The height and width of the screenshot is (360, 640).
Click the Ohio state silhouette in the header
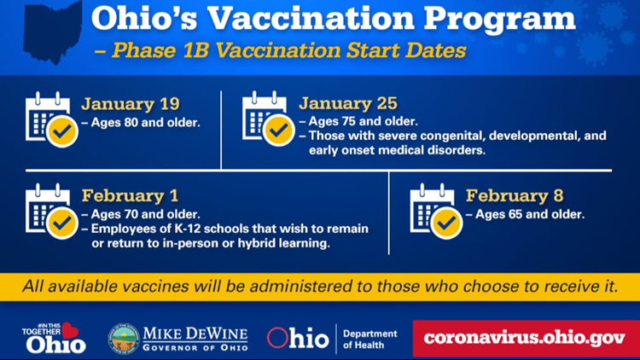[52, 32]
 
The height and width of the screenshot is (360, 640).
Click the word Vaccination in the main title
[311, 19]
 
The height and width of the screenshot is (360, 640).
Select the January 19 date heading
[131, 104]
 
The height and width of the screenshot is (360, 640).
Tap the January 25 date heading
[348, 103]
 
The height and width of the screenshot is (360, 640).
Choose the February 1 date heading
[131, 195]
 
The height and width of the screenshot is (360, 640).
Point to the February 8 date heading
[515, 195]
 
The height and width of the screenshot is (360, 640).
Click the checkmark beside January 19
[62, 131]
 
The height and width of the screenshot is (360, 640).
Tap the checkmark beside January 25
[279, 131]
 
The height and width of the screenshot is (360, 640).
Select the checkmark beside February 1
[62, 223]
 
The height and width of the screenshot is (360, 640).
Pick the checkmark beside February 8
[446, 223]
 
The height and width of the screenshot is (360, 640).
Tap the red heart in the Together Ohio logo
[70, 330]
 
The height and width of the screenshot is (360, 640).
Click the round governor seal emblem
[124, 339]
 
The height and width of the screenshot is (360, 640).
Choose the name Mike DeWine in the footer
[195, 334]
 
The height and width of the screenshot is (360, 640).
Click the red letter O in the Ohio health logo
[277, 338]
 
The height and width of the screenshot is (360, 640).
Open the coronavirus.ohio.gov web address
[525, 338]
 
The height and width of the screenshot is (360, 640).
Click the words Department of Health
[369, 340]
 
